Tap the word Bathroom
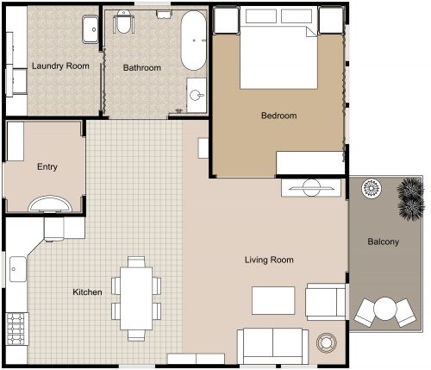[x=142, y=67]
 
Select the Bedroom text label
[x=278, y=116]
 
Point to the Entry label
[x=47, y=167]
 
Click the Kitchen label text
[x=87, y=292]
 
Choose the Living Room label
[x=269, y=260]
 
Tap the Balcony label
[x=383, y=241]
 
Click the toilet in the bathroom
[x=125, y=23]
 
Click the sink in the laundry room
[x=90, y=30]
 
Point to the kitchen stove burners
[x=15, y=325]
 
